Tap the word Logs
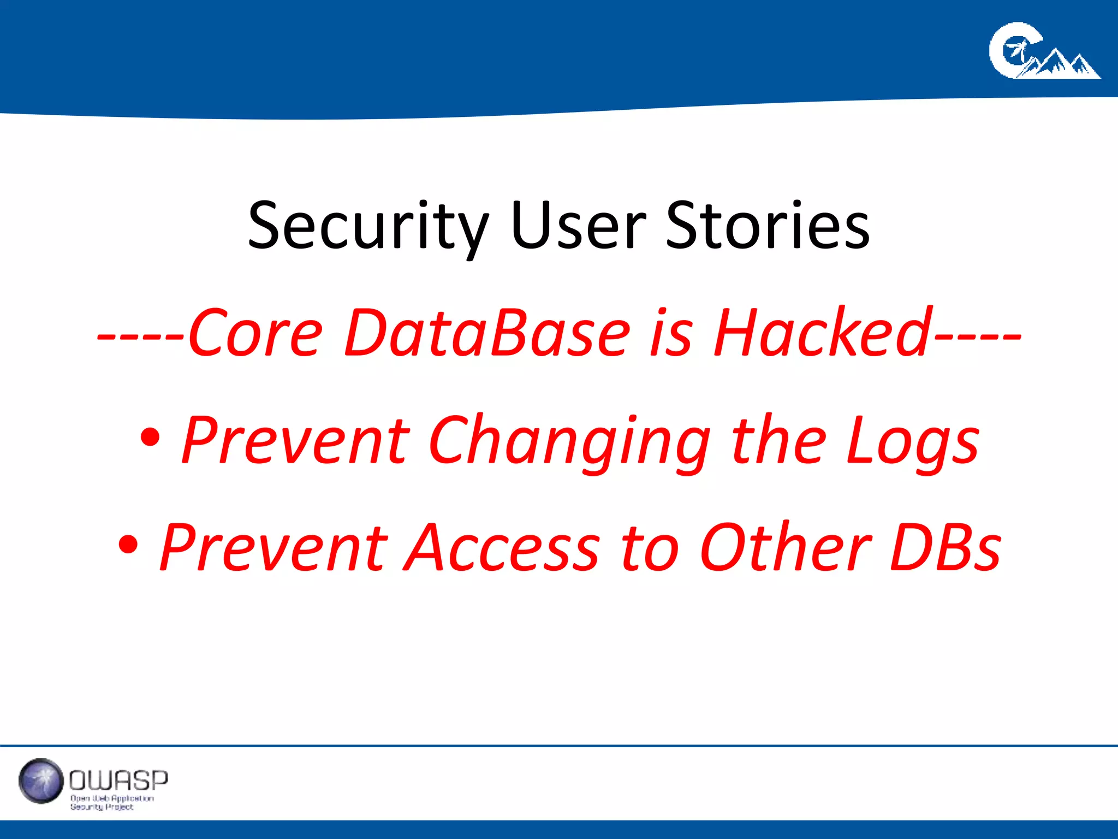pyautogui.click(x=912, y=441)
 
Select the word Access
pyautogui.click(x=502, y=548)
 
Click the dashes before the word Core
pyautogui.click(x=141, y=335)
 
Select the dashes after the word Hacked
pyautogui.click(x=977, y=335)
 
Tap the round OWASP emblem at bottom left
pyautogui.click(x=40, y=781)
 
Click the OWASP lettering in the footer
pyautogui.click(x=118, y=781)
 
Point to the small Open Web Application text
pyautogui.click(x=112, y=799)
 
